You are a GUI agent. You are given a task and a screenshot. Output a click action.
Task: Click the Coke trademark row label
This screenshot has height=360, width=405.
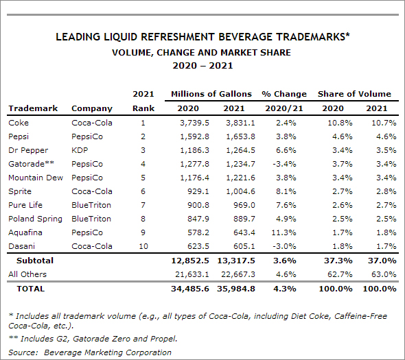point(19,123)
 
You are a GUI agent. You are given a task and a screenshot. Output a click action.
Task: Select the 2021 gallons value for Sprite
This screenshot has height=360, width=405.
point(240,191)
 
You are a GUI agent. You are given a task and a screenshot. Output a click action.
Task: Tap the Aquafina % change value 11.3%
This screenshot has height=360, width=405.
point(283,232)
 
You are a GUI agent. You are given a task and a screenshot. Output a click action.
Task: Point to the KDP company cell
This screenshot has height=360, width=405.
point(80,150)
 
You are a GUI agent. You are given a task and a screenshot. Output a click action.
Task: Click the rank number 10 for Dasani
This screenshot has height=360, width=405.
point(143,246)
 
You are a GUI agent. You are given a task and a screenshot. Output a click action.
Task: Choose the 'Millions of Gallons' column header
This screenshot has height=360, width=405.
point(211,94)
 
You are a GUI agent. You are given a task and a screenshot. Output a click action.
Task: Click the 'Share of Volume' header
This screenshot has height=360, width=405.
point(354,94)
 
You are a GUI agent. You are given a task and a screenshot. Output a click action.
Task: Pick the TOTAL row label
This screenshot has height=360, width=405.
point(30,289)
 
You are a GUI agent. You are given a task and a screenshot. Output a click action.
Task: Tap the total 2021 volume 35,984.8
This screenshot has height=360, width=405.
point(236,289)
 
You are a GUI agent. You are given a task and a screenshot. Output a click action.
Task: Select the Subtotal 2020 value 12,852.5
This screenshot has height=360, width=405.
point(190,261)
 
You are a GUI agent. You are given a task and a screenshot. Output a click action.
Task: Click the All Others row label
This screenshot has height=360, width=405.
point(27,274)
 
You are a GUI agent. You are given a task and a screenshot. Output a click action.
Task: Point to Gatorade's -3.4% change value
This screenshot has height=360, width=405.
point(284,164)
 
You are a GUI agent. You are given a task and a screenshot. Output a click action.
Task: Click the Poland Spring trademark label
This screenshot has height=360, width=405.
point(35,219)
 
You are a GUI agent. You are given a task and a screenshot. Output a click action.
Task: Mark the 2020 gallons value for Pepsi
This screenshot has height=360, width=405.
point(194,136)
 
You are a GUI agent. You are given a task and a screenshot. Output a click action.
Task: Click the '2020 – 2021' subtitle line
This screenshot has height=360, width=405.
point(202,66)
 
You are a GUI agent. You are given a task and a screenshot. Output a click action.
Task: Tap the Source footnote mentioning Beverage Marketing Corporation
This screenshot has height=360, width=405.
point(90,352)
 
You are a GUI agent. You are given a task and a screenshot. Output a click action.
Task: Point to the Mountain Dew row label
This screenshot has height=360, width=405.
point(36,178)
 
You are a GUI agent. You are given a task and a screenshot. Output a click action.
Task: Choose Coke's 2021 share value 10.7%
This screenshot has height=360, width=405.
point(384,123)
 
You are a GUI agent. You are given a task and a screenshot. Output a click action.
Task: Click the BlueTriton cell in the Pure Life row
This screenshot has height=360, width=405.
point(91,205)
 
